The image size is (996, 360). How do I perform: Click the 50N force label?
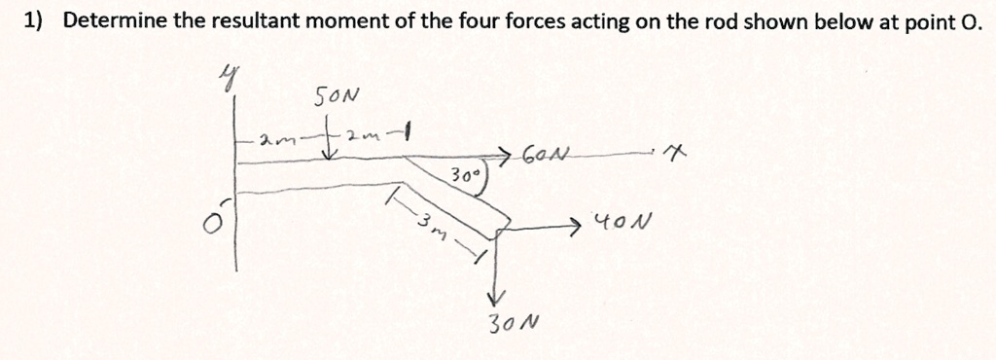tap(337, 97)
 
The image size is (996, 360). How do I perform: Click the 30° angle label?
tap(463, 176)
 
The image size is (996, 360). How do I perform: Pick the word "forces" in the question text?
tap(533, 20)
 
